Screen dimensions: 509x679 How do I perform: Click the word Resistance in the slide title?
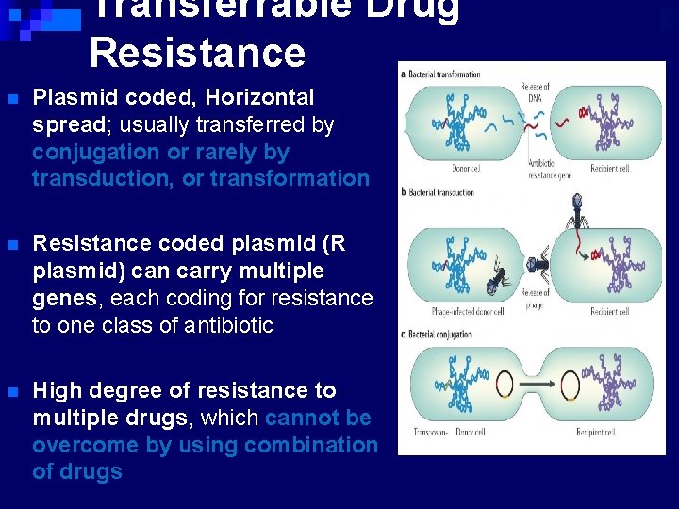pyautogui.click(x=197, y=53)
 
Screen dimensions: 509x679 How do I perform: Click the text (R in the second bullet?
pyautogui.click(x=334, y=243)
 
